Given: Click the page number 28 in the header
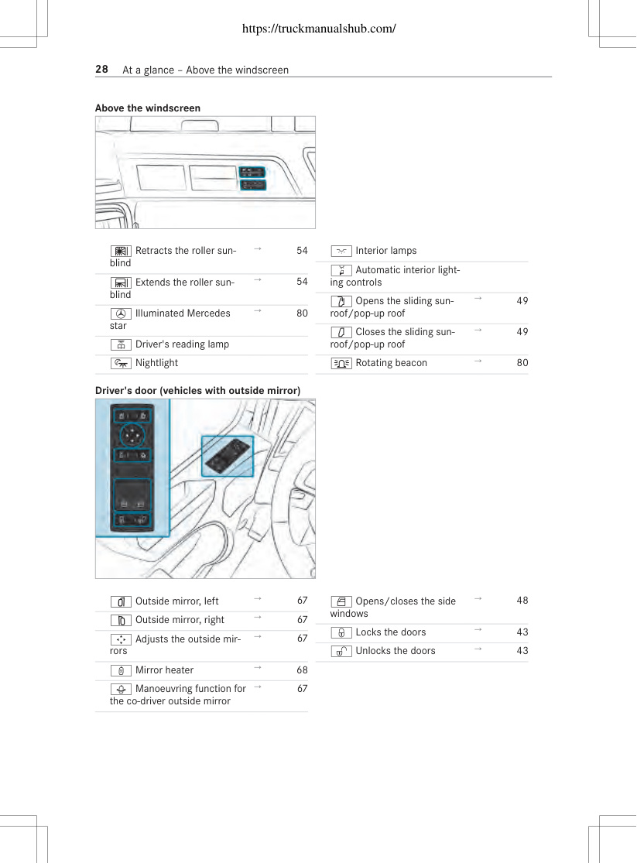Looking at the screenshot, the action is (x=102, y=70).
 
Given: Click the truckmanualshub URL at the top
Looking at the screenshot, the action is (x=319, y=29).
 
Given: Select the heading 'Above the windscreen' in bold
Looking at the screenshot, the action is (x=148, y=108).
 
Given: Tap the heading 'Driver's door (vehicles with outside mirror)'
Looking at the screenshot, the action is (x=197, y=390).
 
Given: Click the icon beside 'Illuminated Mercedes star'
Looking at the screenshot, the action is (x=121, y=313).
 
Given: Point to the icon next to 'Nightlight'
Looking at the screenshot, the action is (x=121, y=363).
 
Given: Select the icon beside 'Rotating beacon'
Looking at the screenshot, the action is (x=341, y=363).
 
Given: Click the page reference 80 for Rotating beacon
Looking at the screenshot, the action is (x=522, y=363).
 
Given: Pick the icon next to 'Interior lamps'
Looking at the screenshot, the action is (x=341, y=251).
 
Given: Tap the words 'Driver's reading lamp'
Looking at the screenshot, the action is (x=182, y=344).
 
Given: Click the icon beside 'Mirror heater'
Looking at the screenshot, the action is (x=121, y=670).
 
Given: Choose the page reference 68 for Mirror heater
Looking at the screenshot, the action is (x=303, y=670).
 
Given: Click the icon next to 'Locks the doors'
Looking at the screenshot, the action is (x=341, y=633).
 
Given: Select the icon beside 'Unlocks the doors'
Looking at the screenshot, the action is (x=341, y=652).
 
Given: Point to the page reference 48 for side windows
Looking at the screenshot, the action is (x=522, y=601).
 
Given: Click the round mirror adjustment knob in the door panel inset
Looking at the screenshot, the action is (x=132, y=437).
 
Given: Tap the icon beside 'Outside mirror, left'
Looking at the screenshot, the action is (x=121, y=601).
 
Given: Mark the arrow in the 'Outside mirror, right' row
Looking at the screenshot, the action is (x=257, y=618).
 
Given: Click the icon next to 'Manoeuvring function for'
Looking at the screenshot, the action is (x=121, y=689).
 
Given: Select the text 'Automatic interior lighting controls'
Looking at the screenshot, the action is (x=396, y=276).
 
